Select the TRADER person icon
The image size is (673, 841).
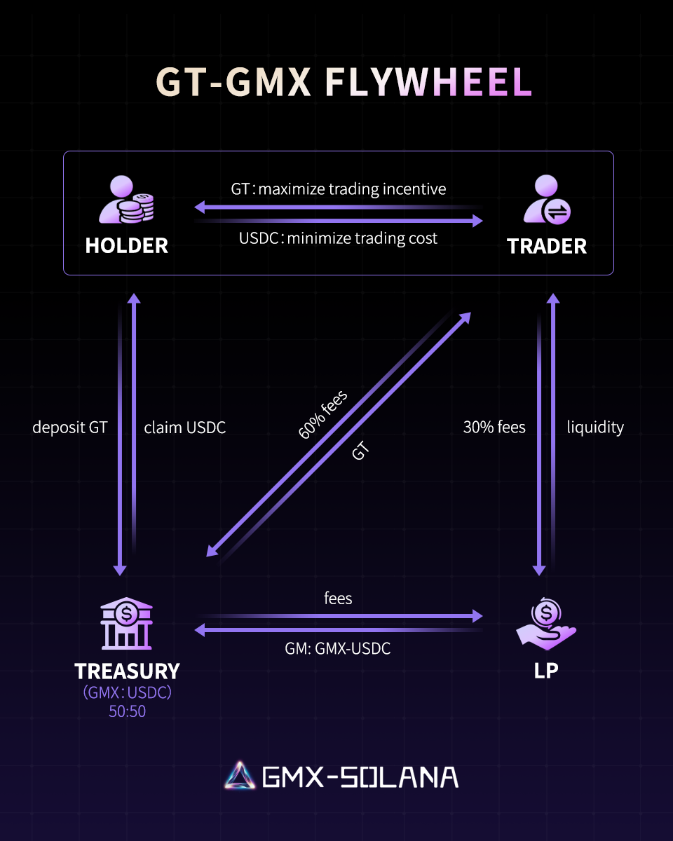[x=547, y=200]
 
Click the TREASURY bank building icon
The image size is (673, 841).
[x=127, y=623]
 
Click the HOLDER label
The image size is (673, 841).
[x=127, y=245]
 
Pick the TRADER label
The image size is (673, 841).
[x=547, y=246]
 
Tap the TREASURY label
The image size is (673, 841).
[x=127, y=671]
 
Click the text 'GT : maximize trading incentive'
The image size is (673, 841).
[x=339, y=189]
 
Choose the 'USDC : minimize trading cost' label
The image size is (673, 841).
[x=339, y=238]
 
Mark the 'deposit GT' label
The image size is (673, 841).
[x=70, y=428]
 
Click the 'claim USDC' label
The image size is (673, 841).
[x=185, y=428]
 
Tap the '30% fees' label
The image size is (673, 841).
[x=494, y=428]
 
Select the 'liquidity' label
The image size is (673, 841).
[x=595, y=428]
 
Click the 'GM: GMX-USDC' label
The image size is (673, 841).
[x=338, y=649]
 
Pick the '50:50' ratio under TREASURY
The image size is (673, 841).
[x=127, y=711]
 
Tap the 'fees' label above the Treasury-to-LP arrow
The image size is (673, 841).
[x=338, y=599]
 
